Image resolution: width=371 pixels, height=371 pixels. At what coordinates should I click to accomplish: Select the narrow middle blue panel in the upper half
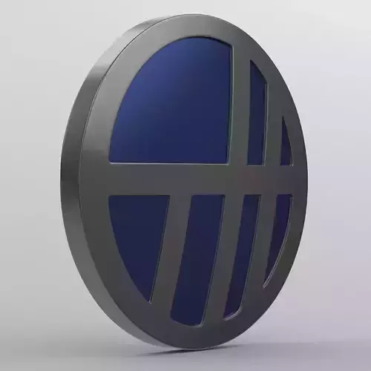pos(257,115)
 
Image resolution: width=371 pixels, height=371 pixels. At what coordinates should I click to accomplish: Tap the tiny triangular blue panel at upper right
pos(285,145)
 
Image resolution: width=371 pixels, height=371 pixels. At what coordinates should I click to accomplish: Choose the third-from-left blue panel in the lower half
pos(241,252)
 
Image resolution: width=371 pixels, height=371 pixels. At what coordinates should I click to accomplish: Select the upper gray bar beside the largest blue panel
pos(239,104)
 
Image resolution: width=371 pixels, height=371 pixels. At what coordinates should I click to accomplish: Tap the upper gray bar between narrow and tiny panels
pos(273,119)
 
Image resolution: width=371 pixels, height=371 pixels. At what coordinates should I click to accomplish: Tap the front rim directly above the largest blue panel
pos(178,30)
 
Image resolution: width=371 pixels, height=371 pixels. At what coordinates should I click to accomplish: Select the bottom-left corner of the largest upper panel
pos(111,161)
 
